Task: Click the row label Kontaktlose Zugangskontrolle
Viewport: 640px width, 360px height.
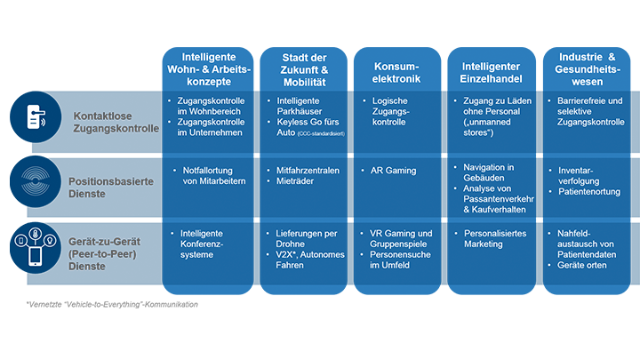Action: click(116, 122)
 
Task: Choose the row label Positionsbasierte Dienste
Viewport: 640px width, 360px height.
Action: click(112, 187)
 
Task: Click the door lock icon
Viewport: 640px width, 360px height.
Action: click(38, 119)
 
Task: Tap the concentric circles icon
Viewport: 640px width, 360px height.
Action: click(36, 180)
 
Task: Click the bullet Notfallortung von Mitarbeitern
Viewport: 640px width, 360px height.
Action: click(213, 175)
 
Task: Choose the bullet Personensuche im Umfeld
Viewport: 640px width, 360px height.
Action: click(401, 259)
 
